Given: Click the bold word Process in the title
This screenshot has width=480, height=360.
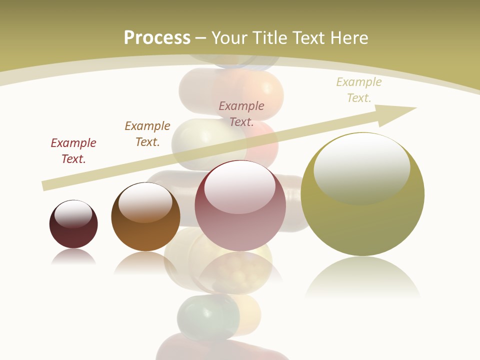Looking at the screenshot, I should click(157, 37).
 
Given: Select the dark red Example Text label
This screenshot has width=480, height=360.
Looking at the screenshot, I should click(73, 150).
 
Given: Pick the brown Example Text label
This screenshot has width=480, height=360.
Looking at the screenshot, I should click(147, 133).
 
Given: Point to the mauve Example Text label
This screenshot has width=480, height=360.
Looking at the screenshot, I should click(241, 113).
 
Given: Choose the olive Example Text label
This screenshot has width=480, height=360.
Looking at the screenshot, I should click(359, 90).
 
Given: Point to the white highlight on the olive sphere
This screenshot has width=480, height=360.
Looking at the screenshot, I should click(361, 167).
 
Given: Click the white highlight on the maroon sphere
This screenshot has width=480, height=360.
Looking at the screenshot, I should click(73, 214).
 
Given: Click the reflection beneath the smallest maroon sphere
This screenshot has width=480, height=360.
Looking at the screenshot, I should click(73, 257).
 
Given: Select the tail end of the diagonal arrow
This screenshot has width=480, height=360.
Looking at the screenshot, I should click(46, 185).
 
